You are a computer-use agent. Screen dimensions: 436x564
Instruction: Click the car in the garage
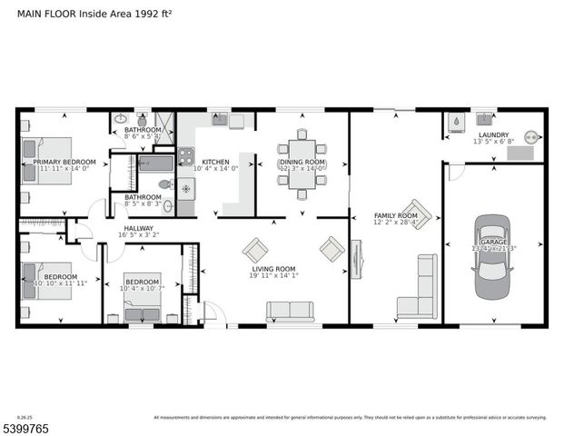click(492, 249)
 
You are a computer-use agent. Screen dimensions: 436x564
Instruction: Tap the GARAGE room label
click(492, 242)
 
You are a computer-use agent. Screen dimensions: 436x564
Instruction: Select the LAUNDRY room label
click(493, 134)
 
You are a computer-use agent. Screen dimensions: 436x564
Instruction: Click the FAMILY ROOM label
click(396, 216)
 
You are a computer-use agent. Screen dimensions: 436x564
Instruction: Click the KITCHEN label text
click(215, 162)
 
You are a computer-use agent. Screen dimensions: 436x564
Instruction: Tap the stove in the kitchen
click(185, 155)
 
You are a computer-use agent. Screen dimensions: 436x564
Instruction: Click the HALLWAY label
click(139, 228)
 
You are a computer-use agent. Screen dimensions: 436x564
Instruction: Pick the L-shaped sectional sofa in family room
click(419, 289)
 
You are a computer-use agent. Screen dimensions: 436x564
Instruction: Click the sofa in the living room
click(290, 312)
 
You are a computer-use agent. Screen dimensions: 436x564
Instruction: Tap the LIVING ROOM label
click(273, 269)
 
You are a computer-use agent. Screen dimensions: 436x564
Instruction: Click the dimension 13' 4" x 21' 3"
click(492, 248)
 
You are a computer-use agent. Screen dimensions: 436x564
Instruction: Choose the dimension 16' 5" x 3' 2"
click(139, 235)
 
